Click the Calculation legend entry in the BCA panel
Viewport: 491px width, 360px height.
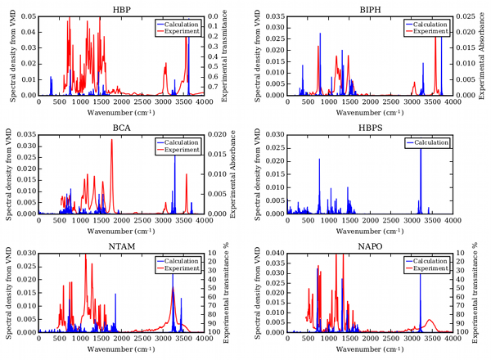[x=181, y=142]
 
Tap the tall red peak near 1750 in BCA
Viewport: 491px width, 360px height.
[x=112, y=141]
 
